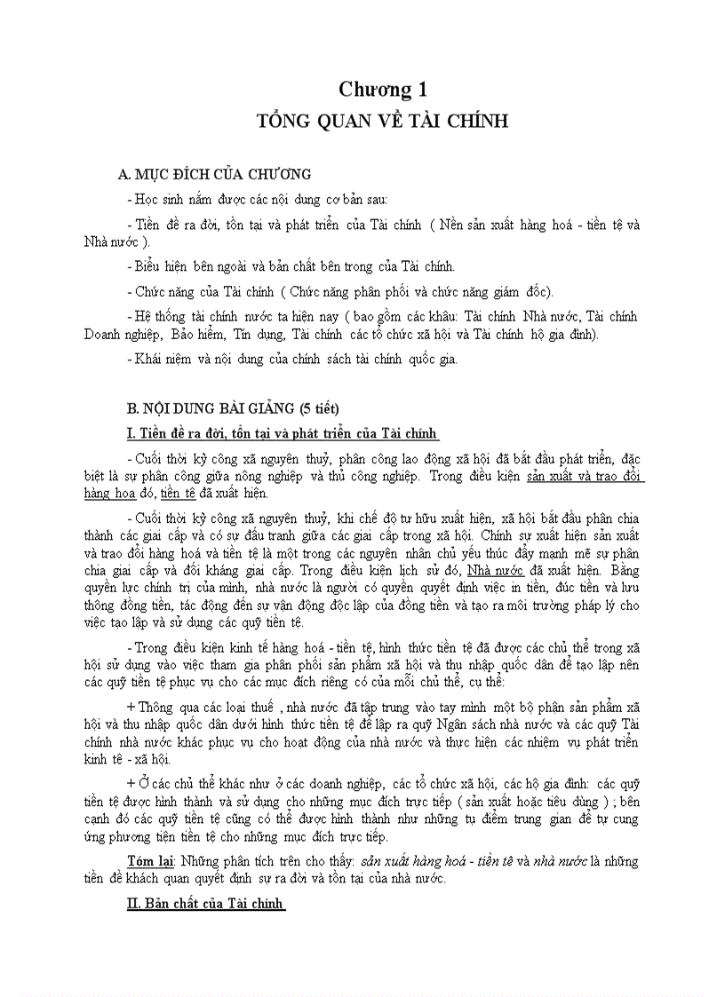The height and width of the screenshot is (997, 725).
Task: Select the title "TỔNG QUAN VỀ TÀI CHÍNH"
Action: (382, 121)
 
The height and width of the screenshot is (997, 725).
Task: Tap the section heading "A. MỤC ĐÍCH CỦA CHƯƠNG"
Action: (219, 174)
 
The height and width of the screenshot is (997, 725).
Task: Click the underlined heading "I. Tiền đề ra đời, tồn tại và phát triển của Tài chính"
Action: (283, 432)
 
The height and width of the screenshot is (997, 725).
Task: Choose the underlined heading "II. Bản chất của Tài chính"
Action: (206, 904)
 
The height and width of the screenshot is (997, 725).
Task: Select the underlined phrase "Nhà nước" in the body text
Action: (496, 571)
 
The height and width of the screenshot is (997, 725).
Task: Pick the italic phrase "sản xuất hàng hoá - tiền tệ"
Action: (426, 861)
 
